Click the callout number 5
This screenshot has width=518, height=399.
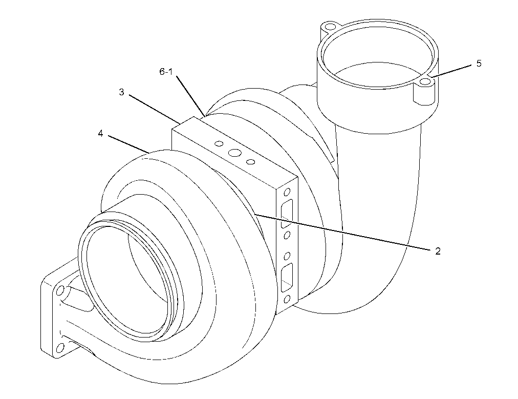pos(479,63)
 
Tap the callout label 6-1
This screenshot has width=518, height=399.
pos(166,71)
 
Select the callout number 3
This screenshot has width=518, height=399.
pos(122,92)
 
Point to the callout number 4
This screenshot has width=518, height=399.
pos(100,133)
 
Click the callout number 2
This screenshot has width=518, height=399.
pos(438,251)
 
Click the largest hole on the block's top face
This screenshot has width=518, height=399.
pos(235,153)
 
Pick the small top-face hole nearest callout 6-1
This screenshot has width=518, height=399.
pos(219,143)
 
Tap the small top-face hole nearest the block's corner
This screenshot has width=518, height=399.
pos(251,162)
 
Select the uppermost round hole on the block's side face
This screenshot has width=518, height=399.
pos(287,192)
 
